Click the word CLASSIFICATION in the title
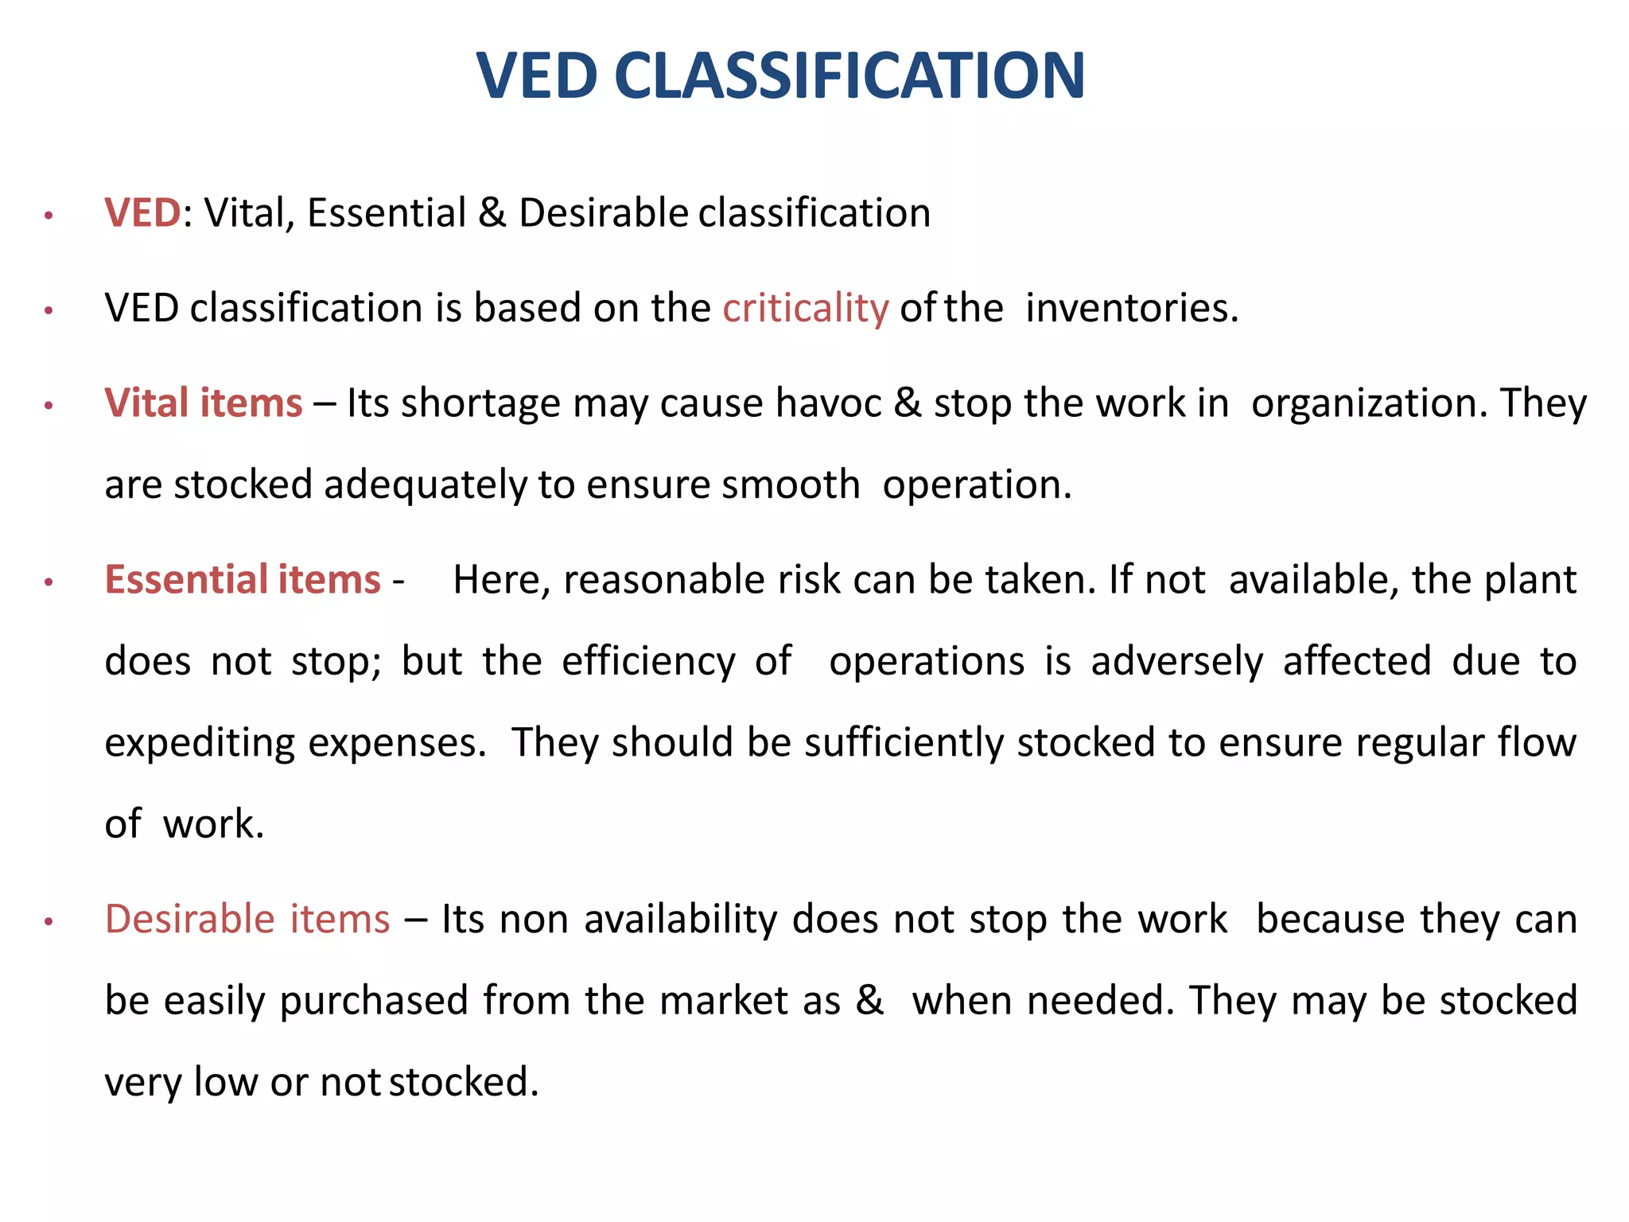(849, 76)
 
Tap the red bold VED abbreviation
(143, 213)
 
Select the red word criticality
(805, 308)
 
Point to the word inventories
(1131, 308)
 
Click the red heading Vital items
(204, 403)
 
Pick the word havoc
(828, 403)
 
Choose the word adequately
(425, 485)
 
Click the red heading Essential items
(243, 579)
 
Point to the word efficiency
(648, 662)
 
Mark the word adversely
(1176, 662)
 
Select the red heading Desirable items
(247, 919)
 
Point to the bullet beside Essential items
(49, 582)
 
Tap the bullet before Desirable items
(49, 922)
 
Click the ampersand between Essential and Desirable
(492, 213)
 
